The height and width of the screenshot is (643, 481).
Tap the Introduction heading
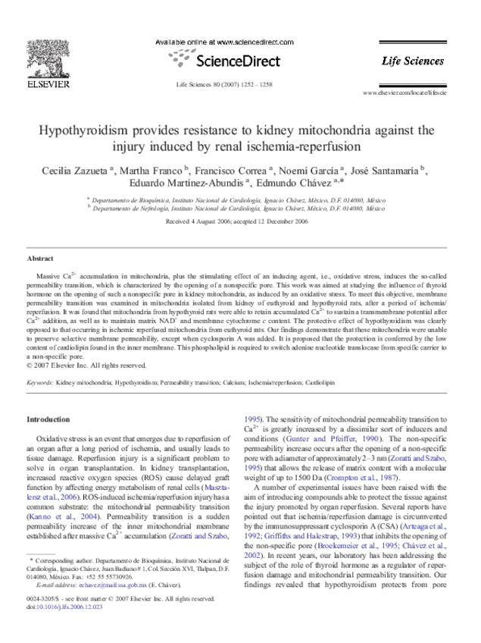coord(48,419)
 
